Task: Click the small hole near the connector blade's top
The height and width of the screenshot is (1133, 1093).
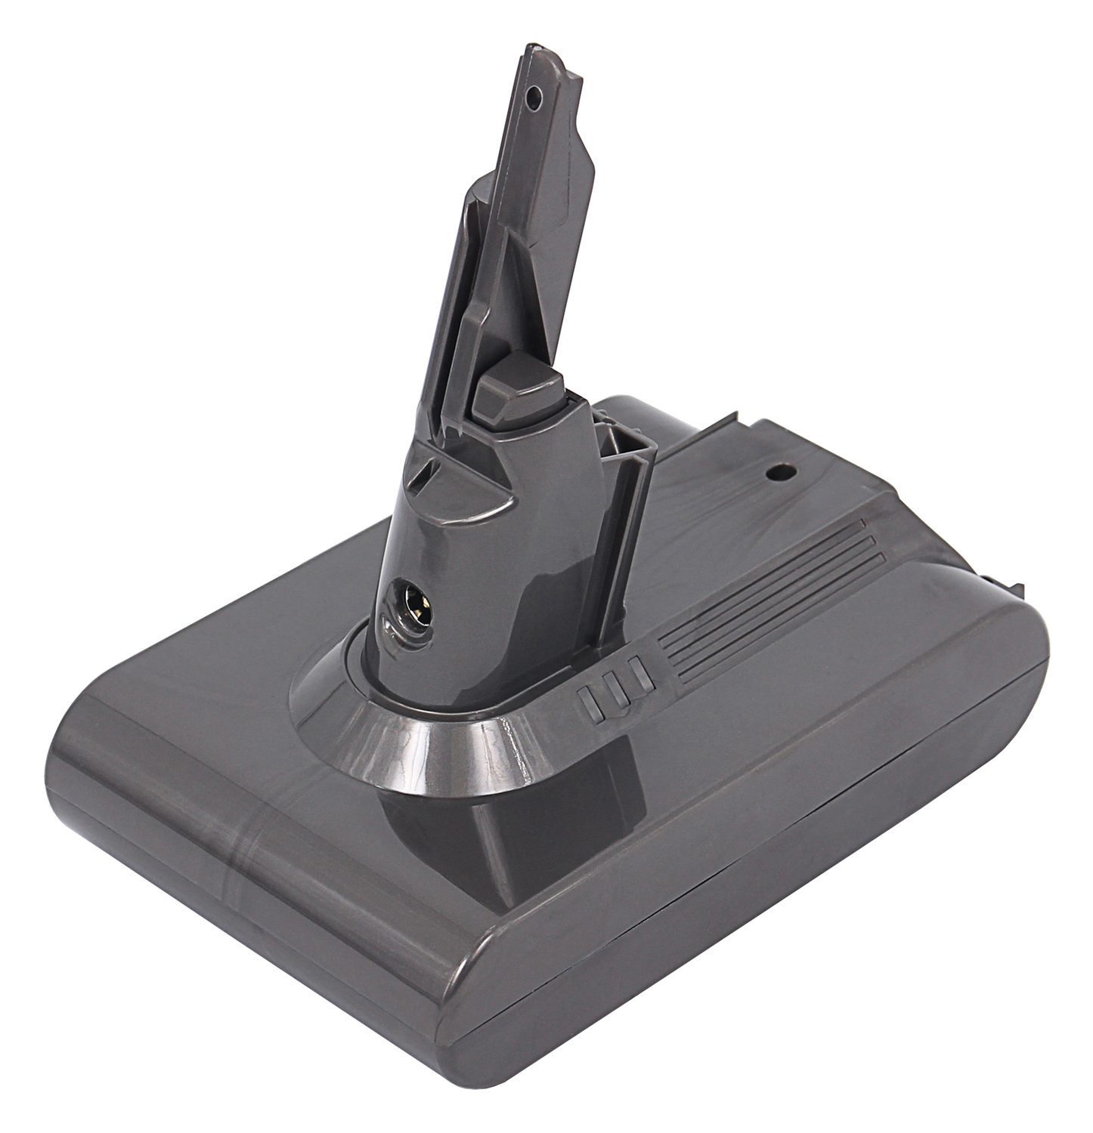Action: click(535, 97)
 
